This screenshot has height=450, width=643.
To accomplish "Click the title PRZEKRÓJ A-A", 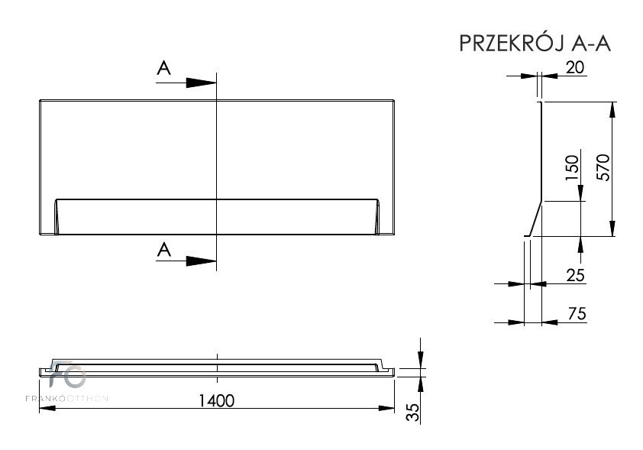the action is tap(535, 43).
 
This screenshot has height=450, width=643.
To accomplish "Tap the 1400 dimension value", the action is tap(217, 400).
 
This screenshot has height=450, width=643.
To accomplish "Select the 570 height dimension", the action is tap(603, 167).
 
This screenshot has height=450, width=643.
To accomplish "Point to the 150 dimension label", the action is tap(572, 167).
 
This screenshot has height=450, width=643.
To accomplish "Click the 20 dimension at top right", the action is tap(575, 67).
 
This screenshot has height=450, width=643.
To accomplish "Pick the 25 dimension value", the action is tap(575, 275).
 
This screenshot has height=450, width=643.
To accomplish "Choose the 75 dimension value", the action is tap(577, 314).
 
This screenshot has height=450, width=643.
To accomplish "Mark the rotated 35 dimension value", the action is tap(414, 412).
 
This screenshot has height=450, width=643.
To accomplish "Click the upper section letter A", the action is tap(164, 68).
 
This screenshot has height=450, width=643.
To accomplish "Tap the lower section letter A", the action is tap(164, 249).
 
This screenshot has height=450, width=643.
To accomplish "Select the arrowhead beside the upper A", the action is tap(201, 83).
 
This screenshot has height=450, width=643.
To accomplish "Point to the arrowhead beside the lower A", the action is tap(201, 261).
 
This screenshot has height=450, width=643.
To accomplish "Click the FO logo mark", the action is tap(67, 374).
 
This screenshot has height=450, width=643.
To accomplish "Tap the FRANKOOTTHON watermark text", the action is tap(67, 398).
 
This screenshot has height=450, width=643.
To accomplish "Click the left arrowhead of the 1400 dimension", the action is tap(47, 408).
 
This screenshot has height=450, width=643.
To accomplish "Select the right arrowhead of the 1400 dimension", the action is tap(386, 408).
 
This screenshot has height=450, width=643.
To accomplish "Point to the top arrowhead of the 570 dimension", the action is tap(612, 109).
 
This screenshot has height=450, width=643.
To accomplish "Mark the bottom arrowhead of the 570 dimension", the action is tap(612, 228).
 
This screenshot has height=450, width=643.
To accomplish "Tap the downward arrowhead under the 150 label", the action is tap(580, 193).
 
